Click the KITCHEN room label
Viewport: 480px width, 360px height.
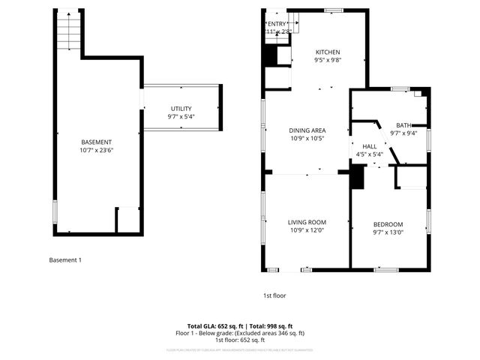(327, 52)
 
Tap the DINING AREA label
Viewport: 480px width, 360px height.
(307, 130)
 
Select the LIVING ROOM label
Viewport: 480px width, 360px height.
(307, 222)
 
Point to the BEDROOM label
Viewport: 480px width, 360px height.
(388, 224)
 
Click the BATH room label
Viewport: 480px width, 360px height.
(403, 125)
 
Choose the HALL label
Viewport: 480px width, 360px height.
(369, 146)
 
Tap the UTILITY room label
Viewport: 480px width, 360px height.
(181, 109)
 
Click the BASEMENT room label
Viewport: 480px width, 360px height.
(97, 142)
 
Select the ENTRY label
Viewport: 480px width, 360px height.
(276, 24)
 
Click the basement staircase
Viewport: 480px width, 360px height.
(68, 32)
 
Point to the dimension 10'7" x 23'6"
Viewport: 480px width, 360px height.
(97, 150)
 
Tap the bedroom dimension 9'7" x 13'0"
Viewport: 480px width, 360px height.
(388, 232)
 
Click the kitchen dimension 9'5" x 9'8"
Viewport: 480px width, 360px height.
(327, 60)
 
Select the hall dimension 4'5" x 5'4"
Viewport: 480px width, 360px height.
(369, 154)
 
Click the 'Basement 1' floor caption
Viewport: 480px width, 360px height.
(64, 260)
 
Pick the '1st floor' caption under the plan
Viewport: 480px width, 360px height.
(274, 295)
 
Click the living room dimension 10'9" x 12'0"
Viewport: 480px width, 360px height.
(307, 230)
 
